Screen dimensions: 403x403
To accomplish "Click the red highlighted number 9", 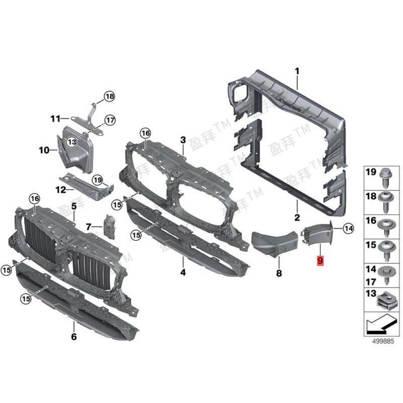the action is pos(320,260).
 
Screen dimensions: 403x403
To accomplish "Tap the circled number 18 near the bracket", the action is pos(109,96).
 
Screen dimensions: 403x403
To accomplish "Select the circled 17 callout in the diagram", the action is pos(110,120).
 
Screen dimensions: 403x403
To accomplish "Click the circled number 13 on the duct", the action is pos(72,142).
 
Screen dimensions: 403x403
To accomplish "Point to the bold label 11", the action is pos(55,119).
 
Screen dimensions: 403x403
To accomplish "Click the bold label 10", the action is pos(44,150).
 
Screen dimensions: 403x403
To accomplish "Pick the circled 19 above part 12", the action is pos(98,180).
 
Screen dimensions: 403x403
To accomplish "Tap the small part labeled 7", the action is pos(109,227).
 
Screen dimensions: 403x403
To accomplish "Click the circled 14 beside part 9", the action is pos(349,228).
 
